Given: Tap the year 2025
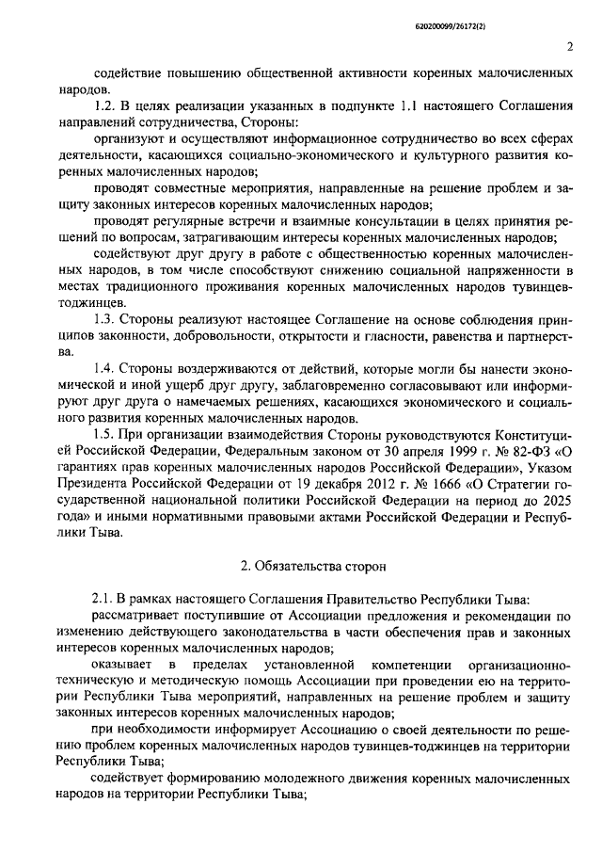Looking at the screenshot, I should point(554,497).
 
